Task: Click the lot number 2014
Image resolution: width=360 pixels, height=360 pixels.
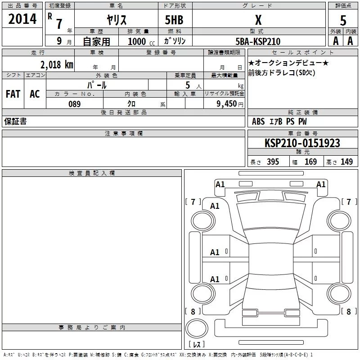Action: tap(22, 19)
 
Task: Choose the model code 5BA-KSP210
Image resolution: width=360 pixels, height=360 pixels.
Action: tap(258, 41)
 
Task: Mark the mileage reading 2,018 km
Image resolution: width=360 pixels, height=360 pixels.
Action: tap(57, 64)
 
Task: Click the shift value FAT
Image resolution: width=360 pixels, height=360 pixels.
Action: tap(13, 94)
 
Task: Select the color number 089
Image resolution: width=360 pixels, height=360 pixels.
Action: tap(74, 104)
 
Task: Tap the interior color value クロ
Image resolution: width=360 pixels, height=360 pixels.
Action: tap(132, 104)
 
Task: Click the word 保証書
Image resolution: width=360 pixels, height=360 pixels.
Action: tap(15, 121)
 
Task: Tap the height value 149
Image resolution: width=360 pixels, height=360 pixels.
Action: tap(346, 162)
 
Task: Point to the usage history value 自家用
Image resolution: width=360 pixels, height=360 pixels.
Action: tap(96, 41)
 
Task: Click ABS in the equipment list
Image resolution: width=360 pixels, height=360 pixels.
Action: tap(258, 121)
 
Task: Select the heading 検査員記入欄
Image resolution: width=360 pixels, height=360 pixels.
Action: tap(92, 173)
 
